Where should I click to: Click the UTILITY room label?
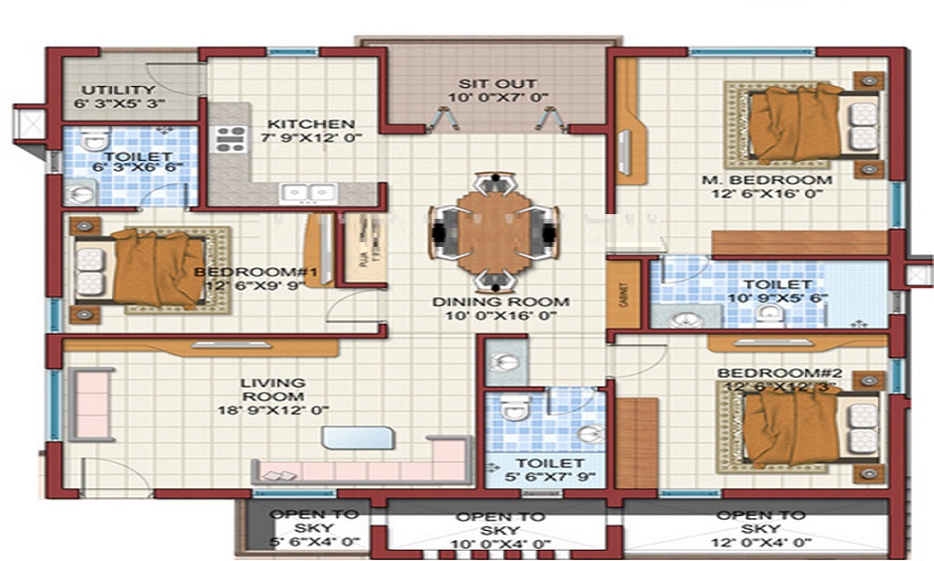[119, 90]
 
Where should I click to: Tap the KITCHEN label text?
[311, 123]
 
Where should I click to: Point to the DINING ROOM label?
[501, 302]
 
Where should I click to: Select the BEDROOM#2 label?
[779, 374]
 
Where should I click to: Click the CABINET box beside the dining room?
[624, 295]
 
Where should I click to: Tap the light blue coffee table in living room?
[359, 438]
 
